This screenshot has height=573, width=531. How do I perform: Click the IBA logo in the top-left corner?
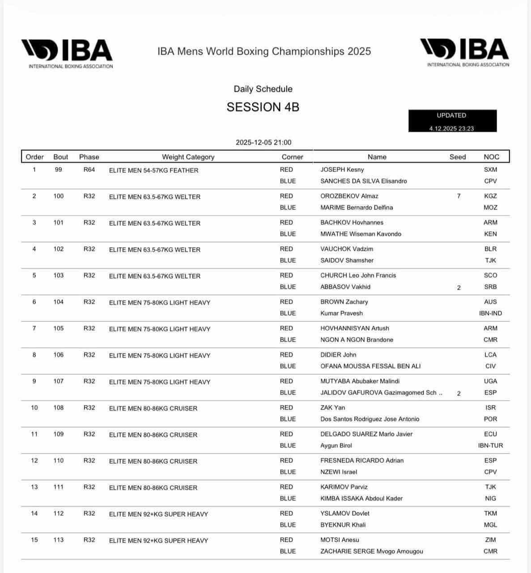pos(67,53)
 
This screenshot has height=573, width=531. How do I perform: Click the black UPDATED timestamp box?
pos(452,121)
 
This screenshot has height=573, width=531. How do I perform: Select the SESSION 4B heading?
pos(263,107)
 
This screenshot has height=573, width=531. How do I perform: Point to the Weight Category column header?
pos(188,157)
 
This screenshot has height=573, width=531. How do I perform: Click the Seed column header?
pos(458,157)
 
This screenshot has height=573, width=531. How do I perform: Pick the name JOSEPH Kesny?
pos(342,170)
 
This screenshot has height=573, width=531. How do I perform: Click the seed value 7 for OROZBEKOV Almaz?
pos(459,196)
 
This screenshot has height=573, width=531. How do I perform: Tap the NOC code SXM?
pos(490,170)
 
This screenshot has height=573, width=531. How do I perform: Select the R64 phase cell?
pos(89,170)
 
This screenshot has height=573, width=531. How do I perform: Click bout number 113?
pos(59,540)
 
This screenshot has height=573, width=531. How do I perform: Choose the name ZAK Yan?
pos(333,408)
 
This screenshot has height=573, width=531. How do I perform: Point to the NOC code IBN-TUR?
pos(490,445)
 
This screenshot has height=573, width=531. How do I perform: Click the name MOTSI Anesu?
pos(340,540)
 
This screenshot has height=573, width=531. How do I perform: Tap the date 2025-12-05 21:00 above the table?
pos(263,142)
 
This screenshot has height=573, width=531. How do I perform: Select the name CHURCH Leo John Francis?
pos(358,275)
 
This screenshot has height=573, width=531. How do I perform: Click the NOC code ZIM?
pos(490,540)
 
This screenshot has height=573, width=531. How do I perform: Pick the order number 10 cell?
pos(34,408)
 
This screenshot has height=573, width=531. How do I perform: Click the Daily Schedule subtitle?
pos(263,89)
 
